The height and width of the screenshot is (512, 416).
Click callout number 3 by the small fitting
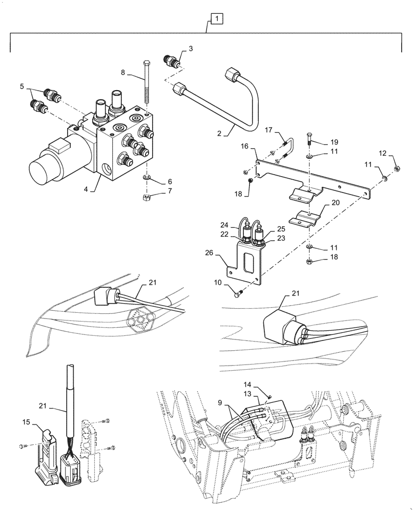191,49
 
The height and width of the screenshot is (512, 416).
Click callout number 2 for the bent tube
219,135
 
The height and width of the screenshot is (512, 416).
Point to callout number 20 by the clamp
336,202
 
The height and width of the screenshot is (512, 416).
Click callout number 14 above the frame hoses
262,385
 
